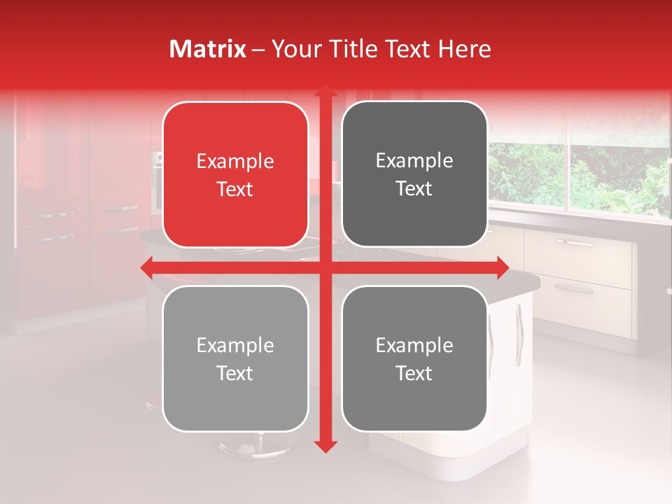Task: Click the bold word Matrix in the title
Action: tap(208, 49)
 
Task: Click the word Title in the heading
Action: tap(358, 49)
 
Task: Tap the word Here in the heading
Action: tap(464, 49)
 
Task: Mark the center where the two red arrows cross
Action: tap(325, 267)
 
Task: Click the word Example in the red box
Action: tap(235, 162)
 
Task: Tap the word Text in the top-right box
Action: tap(414, 189)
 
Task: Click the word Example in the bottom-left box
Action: tap(235, 346)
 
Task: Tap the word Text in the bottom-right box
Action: tap(414, 373)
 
